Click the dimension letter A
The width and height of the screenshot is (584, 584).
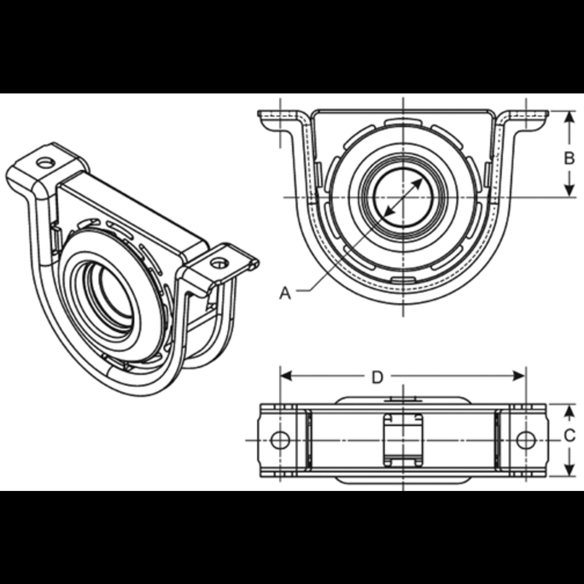tap(285, 292)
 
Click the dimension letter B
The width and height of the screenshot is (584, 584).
tap(569, 158)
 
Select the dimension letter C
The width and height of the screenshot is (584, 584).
tap(570, 436)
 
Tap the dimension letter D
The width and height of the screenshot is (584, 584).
tap(377, 377)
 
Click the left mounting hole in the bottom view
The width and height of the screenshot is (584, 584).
tap(280, 440)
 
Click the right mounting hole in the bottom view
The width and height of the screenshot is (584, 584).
tap(526, 440)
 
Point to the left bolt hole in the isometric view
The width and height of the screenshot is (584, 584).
tap(46, 162)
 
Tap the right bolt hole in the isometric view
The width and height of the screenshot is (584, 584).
tap(218, 262)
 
